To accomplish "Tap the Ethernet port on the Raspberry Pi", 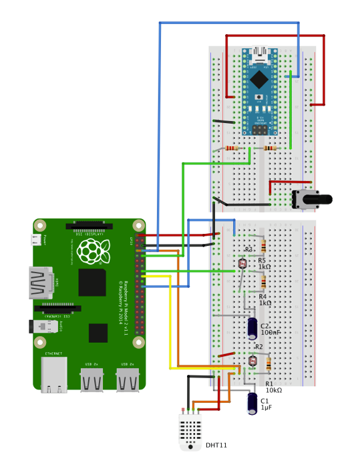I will click(x=53, y=375).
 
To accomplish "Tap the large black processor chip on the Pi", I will click(x=92, y=282).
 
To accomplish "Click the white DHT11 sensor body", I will click(x=191, y=431).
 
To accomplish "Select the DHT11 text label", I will click(x=216, y=445).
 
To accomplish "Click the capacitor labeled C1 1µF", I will click(x=253, y=403).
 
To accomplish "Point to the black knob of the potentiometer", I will click(x=320, y=199).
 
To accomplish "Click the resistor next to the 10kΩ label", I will click(x=268, y=365).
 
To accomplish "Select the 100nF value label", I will click(x=271, y=332).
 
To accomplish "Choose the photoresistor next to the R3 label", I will click(x=241, y=265).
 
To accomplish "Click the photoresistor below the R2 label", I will click(x=252, y=361).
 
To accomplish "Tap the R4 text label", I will click(x=263, y=296).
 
